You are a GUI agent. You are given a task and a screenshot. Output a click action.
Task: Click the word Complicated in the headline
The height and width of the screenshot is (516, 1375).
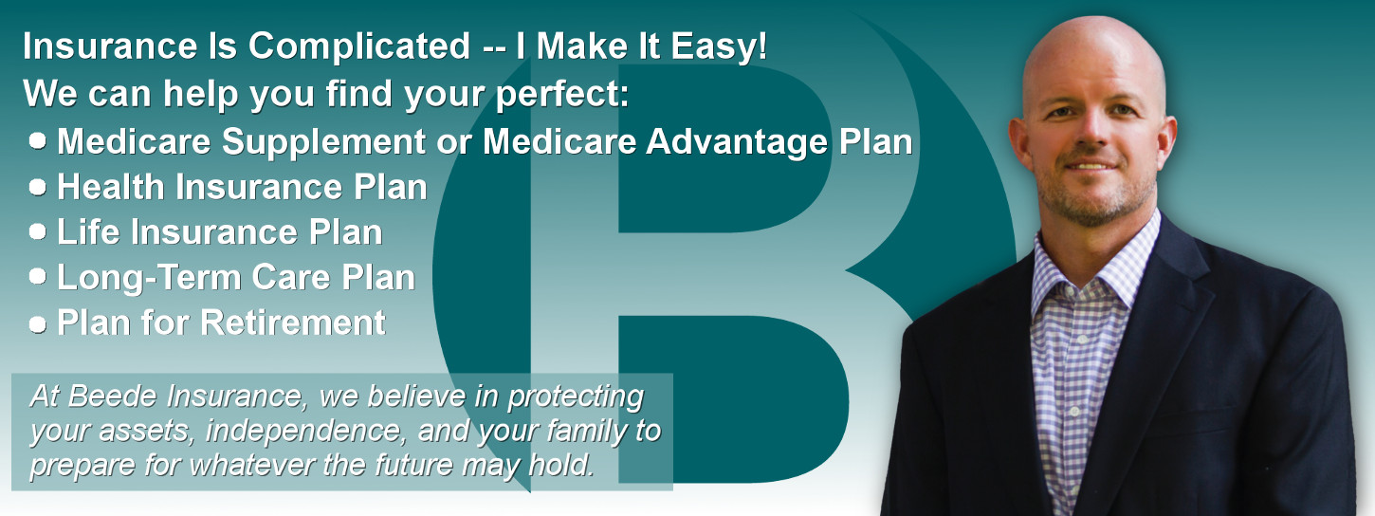click(359, 47)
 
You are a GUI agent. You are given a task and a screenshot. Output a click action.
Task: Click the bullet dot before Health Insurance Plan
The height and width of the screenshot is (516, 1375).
click(37, 187)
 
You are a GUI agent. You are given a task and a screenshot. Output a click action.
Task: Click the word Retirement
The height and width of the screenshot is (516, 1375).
click(293, 322)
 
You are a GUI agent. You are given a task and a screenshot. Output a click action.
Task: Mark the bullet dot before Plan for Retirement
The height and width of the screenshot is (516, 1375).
click(37, 323)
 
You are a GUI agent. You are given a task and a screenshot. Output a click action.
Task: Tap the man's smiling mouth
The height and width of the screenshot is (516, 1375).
click(1091, 165)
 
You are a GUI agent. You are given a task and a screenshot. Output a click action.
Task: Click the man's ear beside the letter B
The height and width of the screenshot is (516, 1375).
click(1019, 144)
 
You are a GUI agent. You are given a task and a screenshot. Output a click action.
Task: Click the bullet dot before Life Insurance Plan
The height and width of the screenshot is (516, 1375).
click(37, 231)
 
